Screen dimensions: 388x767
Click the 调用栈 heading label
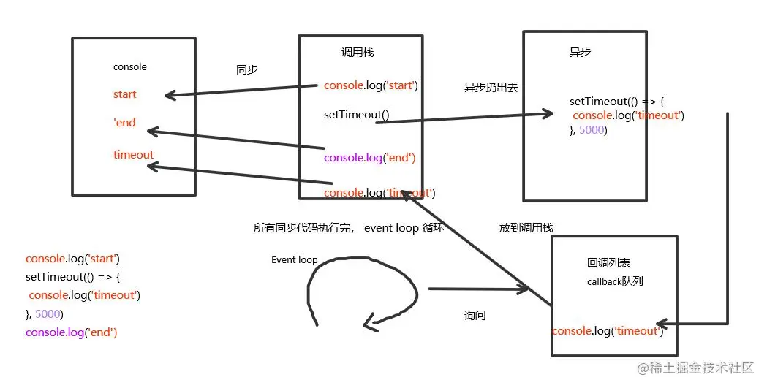tap(358, 53)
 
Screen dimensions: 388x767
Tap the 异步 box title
tap(580, 53)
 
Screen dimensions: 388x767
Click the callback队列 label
tap(615, 281)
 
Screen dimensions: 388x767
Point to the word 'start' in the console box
tap(125, 94)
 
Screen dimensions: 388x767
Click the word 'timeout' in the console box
tap(133, 155)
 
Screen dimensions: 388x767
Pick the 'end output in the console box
tap(125, 123)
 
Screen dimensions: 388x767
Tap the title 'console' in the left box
tap(129, 67)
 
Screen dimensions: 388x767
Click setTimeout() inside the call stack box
tap(356, 115)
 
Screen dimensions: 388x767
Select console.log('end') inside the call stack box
tap(370, 158)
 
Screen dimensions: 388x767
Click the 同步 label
tap(246, 70)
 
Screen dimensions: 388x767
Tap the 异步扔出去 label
tap(491, 88)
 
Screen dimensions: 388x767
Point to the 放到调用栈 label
tap(526, 228)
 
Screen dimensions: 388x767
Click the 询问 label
tap(475, 316)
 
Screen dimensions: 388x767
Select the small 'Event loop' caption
tap(294, 260)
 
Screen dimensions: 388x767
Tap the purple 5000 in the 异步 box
tap(592, 130)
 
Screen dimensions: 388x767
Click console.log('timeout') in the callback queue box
tap(607, 331)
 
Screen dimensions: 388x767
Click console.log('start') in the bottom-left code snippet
tap(72, 259)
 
